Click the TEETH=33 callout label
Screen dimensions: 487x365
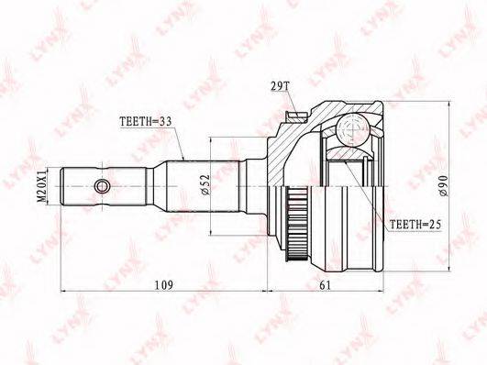coord(146,122)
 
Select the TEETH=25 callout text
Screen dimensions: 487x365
coord(415,224)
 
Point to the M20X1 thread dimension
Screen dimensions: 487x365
coord(41,186)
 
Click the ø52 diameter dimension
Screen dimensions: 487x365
coord(205,184)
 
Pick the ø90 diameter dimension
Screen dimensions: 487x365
coord(443,186)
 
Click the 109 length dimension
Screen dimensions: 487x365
coord(164,285)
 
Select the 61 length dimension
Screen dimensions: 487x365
coord(325,285)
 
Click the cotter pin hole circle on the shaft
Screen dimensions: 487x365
coord(102,186)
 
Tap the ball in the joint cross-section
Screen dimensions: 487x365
coord(353,130)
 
